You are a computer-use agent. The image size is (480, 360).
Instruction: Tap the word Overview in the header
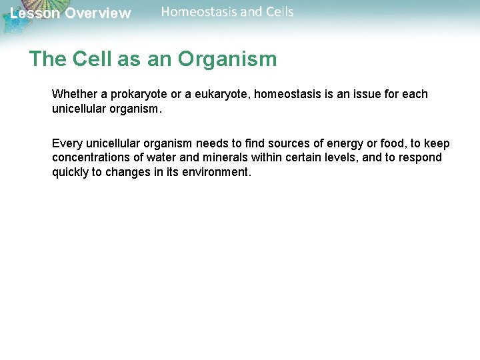point(98,13)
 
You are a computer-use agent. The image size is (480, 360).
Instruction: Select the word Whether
point(74,94)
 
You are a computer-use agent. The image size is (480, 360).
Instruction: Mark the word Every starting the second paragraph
point(67,144)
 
